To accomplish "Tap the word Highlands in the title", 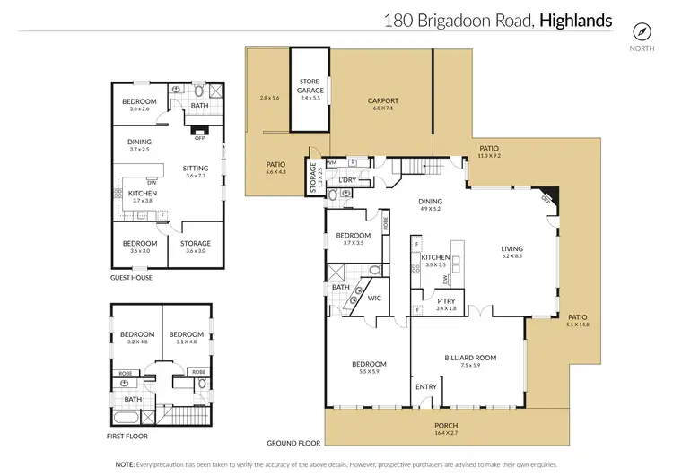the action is (575, 20).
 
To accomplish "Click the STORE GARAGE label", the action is (310, 86).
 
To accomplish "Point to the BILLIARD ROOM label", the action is (469, 358).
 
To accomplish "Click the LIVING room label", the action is (511, 249).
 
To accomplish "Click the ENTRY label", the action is (426, 386).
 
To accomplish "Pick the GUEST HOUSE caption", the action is (131, 278).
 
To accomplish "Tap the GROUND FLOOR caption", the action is (293, 443).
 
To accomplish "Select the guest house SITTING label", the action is (195, 168).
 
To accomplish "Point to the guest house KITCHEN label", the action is (143, 194).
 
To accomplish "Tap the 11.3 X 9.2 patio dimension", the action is (488, 156).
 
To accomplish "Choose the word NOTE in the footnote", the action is (125, 464).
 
